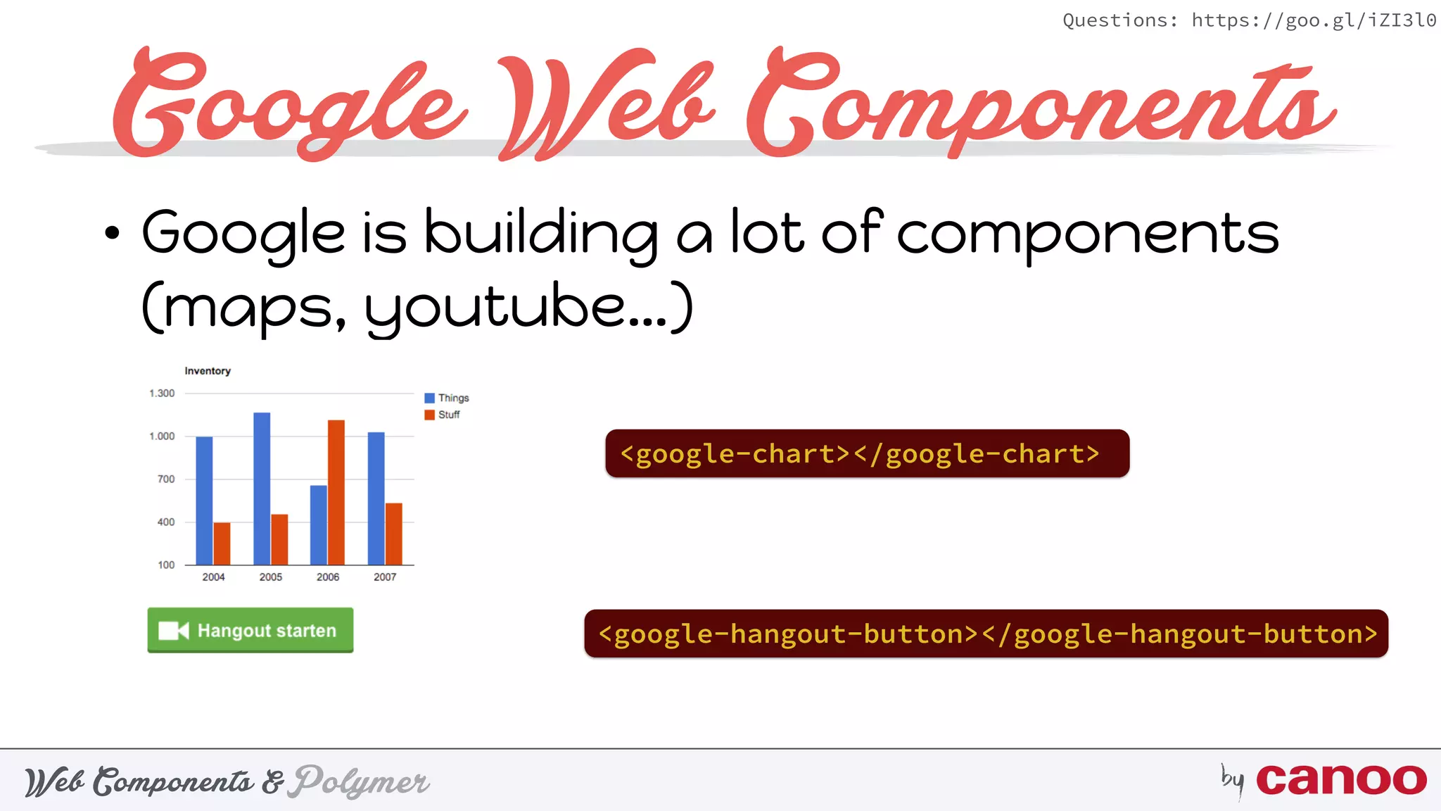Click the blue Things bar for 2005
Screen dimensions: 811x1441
click(262, 489)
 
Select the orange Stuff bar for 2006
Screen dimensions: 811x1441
click(336, 492)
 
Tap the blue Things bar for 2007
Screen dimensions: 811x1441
click(376, 498)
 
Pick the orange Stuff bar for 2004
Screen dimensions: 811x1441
click(222, 543)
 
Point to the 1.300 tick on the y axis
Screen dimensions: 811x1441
click(162, 394)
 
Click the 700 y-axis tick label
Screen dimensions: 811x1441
click(166, 479)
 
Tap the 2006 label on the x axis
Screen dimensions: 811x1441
click(328, 577)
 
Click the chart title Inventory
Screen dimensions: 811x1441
click(208, 371)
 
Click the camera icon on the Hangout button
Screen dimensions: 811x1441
click(174, 631)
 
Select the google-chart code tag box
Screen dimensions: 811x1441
click(867, 453)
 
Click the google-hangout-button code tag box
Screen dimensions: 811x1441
click(986, 634)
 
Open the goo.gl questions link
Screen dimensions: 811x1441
click(1313, 20)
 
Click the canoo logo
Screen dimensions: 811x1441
click(1341, 780)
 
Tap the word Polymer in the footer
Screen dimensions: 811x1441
click(362, 781)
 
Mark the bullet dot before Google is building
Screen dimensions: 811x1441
click(112, 233)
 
